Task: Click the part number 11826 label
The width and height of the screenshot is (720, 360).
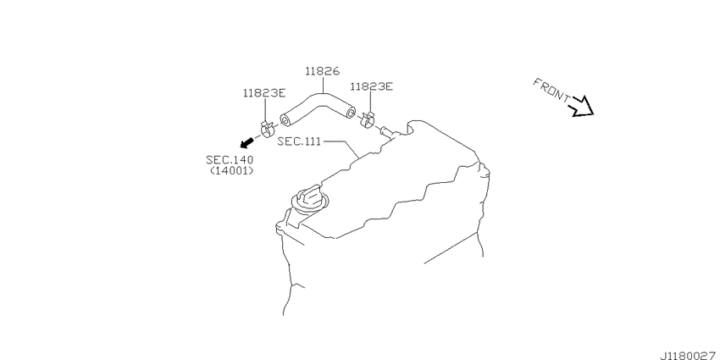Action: tap(323, 71)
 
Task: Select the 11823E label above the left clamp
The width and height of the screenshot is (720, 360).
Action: tap(264, 93)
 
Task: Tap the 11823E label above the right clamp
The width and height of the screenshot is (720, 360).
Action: tap(372, 86)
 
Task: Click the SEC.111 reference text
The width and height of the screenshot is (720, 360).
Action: tap(299, 141)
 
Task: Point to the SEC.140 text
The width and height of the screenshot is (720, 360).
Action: tap(230, 160)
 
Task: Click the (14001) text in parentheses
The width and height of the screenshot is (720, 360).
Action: tap(231, 171)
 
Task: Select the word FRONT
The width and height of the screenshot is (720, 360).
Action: tap(551, 89)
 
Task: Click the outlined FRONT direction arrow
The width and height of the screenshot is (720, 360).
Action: tap(581, 107)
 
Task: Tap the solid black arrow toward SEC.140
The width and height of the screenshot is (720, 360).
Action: tap(247, 142)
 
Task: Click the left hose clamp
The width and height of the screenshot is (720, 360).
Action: tap(267, 129)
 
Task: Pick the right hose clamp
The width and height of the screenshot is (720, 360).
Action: tap(368, 119)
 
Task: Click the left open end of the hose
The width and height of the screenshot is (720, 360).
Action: tap(285, 121)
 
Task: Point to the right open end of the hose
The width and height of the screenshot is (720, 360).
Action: tap(351, 112)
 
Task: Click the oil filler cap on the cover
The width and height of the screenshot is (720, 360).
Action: tap(310, 200)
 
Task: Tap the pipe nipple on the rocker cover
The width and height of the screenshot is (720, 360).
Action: tap(389, 132)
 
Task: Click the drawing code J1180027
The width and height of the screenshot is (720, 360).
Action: tap(690, 355)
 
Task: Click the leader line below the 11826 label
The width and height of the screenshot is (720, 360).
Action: tap(323, 85)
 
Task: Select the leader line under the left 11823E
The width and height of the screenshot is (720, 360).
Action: tap(265, 110)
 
